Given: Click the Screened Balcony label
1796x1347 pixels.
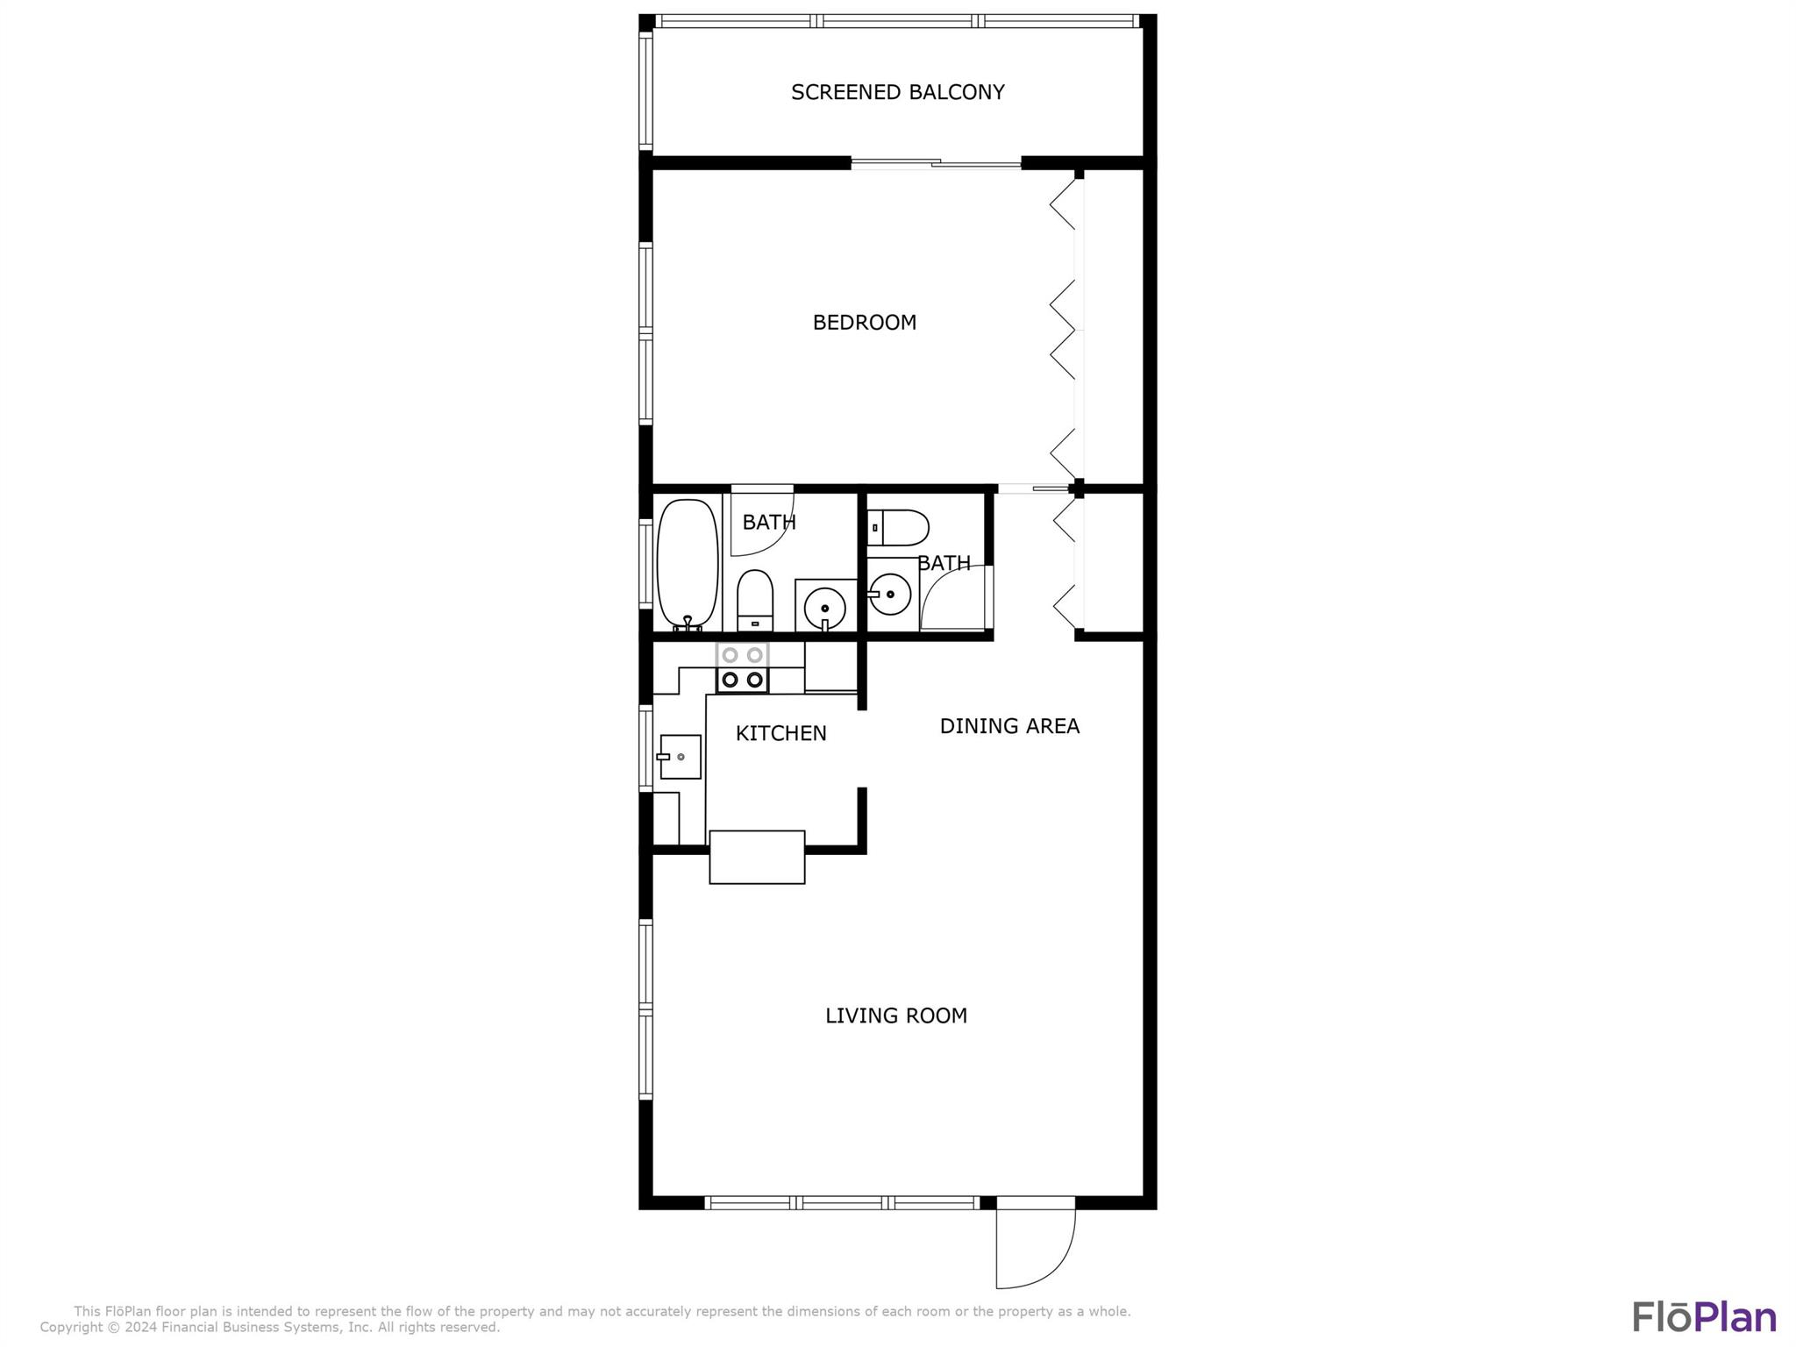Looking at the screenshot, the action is pyautogui.click(x=897, y=92).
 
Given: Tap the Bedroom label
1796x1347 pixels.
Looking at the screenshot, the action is pyautogui.click(x=864, y=323).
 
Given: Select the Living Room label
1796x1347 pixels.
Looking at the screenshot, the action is pyautogui.click(x=895, y=1016).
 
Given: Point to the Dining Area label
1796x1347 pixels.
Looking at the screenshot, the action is pyautogui.click(x=1009, y=726).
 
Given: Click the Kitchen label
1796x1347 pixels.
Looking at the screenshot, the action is pyautogui.click(x=780, y=733).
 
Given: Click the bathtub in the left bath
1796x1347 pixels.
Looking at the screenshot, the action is pyautogui.click(x=688, y=564).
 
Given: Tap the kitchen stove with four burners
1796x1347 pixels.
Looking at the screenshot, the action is pyautogui.click(x=742, y=667).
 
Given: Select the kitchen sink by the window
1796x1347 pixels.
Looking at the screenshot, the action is pyautogui.click(x=680, y=757).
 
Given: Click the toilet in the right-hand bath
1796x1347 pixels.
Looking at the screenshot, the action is pyautogui.click(x=897, y=528).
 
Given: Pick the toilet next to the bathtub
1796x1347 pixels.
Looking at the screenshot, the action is pyautogui.click(x=754, y=600).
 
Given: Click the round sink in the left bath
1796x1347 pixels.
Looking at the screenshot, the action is pyautogui.click(x=824, y=607).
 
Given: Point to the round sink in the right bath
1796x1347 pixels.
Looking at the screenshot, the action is pyautogui.click(x=889, y=595).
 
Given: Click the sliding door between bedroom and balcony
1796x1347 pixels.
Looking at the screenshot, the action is pyautogui.click(x=936, y=162).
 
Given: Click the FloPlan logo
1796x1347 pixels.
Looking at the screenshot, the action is pyautogui.click(x=1704, y=1318).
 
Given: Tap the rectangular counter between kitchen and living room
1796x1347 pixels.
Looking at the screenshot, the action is pyautogui.click(x=757, y=857).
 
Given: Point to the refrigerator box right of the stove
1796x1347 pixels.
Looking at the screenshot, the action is pyautogui.click(x=830, y=666).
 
